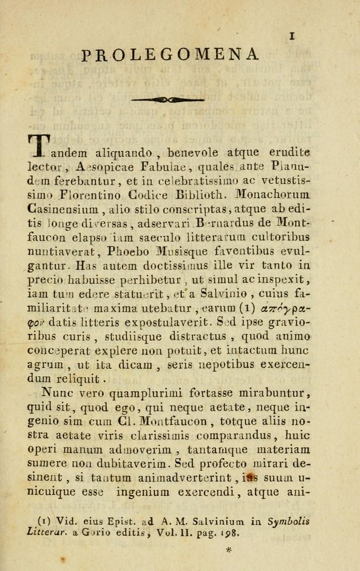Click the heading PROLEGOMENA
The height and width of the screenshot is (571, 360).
pyautogui.click(x=170, y=55)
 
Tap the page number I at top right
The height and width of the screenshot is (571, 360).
pyautogui.click(x=292, y=35)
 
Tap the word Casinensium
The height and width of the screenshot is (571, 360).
pyautogui.click(x=63, y=206)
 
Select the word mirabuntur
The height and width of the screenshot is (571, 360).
pyautogui.click(x=273, y=392)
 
